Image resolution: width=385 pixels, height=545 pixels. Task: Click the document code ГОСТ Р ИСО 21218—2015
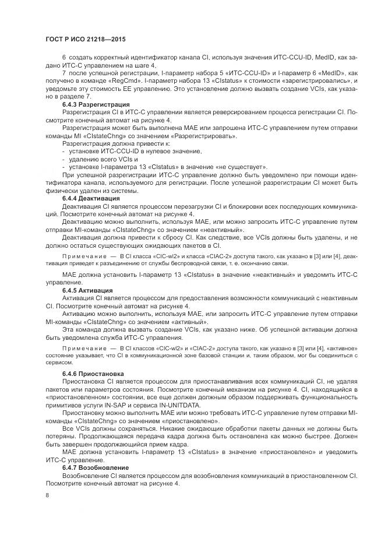(86, 39)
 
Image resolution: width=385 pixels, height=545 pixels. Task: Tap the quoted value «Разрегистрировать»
(204, 135)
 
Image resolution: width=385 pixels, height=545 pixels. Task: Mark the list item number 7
(63, 73)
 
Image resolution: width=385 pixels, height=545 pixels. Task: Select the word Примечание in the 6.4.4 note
(82, 256)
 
